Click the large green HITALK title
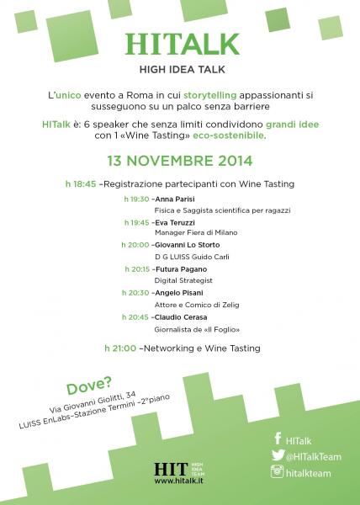pos(179,43)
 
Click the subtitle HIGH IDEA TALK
pos(179,70)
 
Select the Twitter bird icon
pos(277,455)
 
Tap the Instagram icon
pos(277,474)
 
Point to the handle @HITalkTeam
pos(312,456)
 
